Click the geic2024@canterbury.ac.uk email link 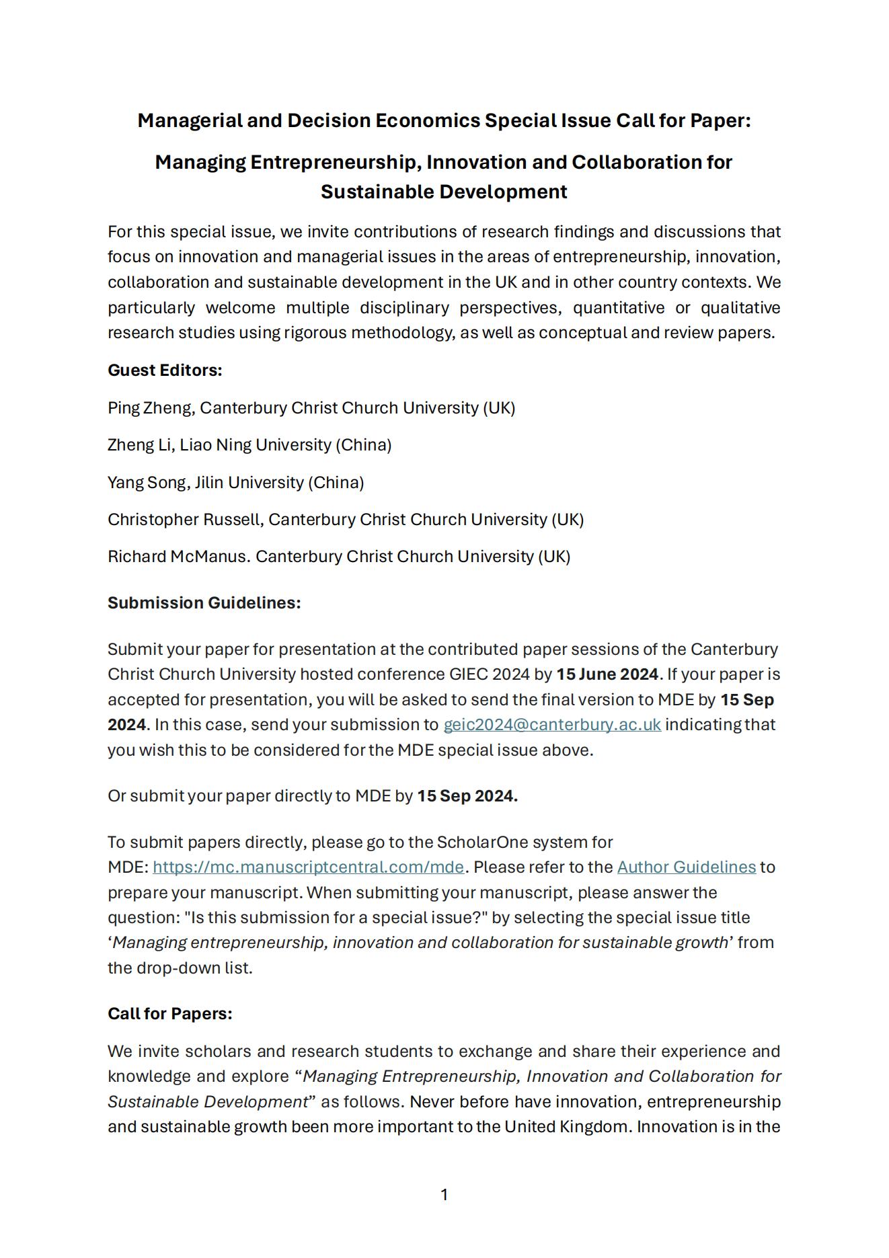(551, 725)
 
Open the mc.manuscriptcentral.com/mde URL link (308, 867)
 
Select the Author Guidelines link (686, 867)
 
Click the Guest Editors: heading (165, 370)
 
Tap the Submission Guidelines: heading (204, 603)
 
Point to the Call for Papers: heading (169, 1014)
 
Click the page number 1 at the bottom (444, 1195)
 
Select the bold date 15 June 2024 (607, 674)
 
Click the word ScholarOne (477, 842)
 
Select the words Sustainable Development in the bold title (444, 192)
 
